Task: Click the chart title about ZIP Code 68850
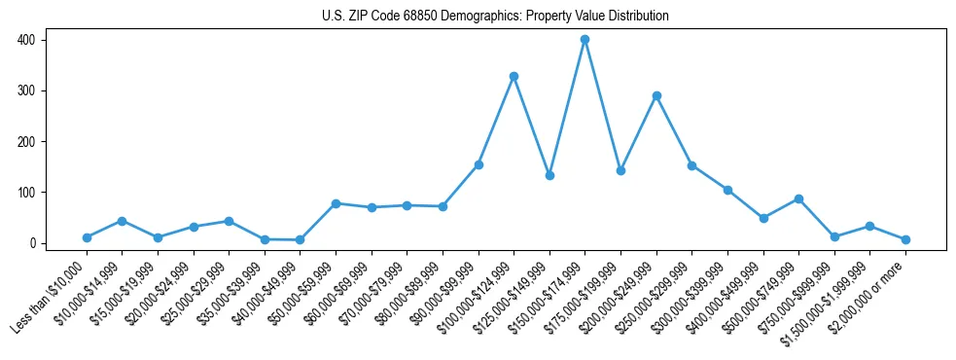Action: [x=495, y=17]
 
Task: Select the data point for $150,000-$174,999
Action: [x=584, y=40]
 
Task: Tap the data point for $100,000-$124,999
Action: [x=513, y=76]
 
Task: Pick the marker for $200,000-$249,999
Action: [x=656, y=95]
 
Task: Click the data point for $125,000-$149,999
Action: [x=549, y=175]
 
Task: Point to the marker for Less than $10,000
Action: [x=87, y=237]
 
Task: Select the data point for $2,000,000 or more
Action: [x=905, y=239]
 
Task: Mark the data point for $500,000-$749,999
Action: [x=798, y=198]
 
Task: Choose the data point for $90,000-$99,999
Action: [x=478, y=164]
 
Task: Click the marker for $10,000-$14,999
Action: [x=122, y=221]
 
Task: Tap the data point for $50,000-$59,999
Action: [x=336, y=203]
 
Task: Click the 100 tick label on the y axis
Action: [x=26, y=193]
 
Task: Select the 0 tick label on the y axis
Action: [x=32, y=243]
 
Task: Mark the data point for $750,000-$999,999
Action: [x=834, y=236]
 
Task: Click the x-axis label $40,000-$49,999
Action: [x=263, y=295]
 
